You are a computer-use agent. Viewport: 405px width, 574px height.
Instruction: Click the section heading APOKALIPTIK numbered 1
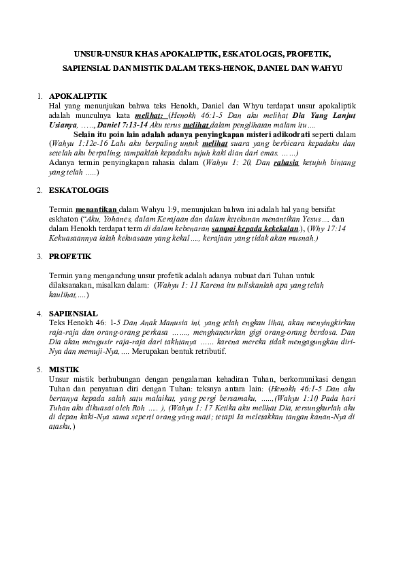[78, 95]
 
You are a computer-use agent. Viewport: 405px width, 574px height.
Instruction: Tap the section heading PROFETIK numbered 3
[71, 256]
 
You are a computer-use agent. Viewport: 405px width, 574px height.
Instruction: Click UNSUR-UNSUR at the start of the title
[99, 52]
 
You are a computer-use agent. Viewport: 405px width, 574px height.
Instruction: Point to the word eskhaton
[67, 219]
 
